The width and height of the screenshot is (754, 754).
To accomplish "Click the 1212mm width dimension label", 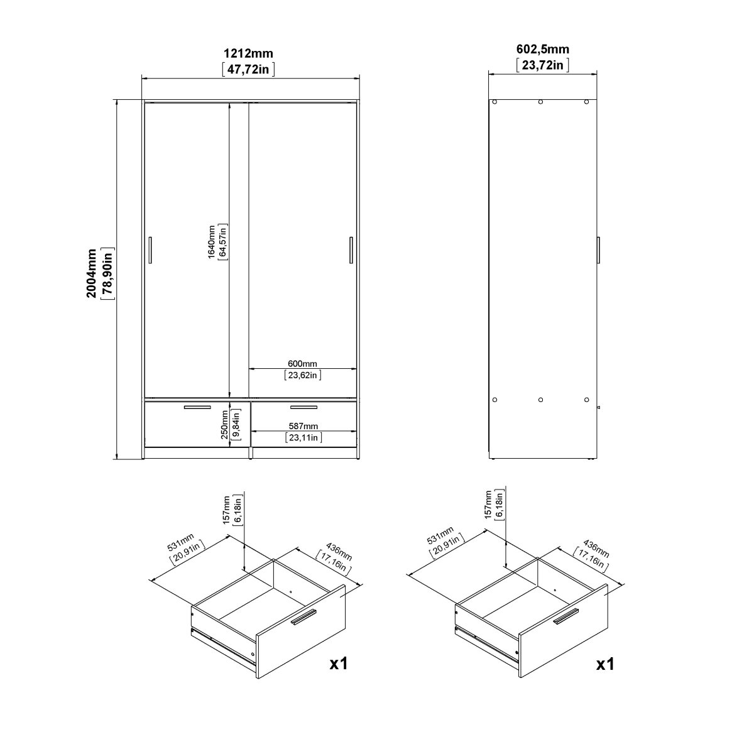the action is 248,53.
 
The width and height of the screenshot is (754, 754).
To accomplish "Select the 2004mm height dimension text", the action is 91,273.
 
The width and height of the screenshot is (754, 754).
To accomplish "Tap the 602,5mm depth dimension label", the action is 542,49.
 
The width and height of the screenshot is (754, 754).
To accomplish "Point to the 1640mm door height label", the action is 211,242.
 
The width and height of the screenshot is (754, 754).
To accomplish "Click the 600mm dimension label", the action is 302,364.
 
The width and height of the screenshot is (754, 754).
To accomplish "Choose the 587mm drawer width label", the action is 303,426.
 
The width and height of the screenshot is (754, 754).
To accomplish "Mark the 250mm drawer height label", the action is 224,425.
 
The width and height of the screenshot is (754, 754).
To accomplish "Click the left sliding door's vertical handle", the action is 150,250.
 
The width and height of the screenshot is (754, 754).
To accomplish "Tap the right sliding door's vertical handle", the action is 351,250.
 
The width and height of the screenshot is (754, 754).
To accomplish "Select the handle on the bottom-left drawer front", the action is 197,408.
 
